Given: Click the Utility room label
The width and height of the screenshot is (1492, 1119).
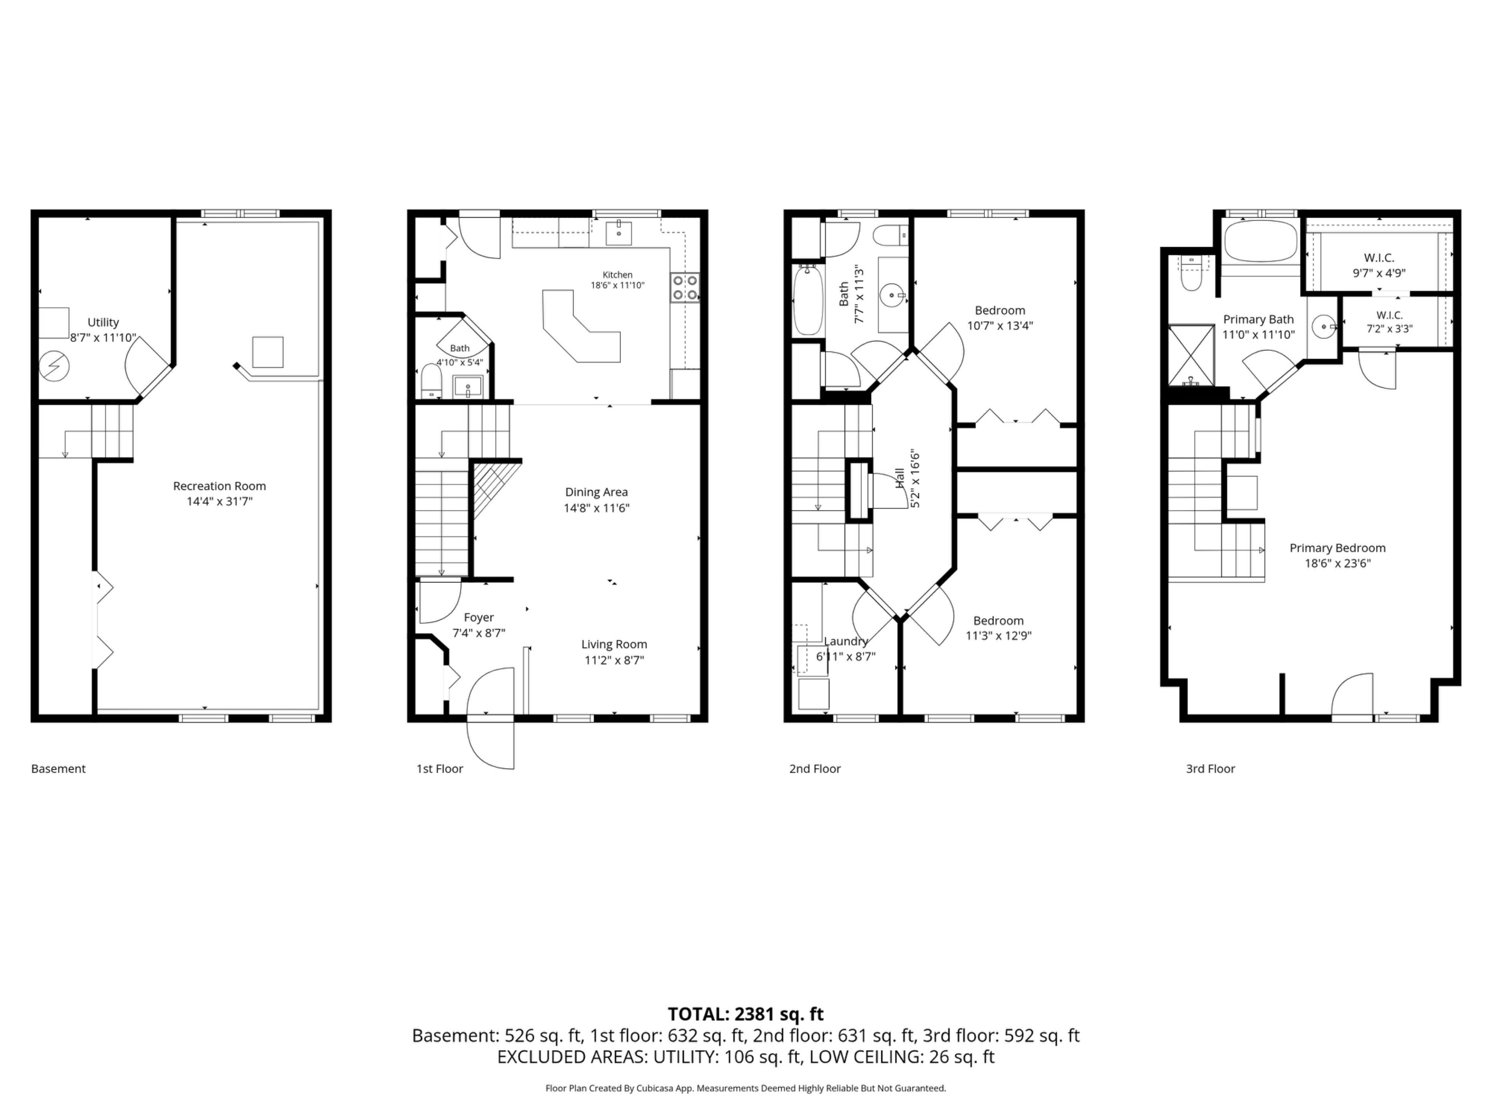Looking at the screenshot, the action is pos(103,322).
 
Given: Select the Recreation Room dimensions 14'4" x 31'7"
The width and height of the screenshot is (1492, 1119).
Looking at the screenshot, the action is pos(219,501).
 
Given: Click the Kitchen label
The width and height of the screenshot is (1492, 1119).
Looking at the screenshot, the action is pos(617,275).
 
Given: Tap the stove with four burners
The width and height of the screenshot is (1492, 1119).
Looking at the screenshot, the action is pos(685,288).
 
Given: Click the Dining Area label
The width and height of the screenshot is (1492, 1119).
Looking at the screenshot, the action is pos(596,492).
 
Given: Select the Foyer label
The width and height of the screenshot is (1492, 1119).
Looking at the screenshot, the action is pos(479,617).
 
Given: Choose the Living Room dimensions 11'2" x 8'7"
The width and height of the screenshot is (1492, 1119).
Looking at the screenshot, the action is pos(614,660).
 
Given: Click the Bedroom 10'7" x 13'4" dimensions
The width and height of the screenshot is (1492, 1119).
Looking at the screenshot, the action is pos(1000,326).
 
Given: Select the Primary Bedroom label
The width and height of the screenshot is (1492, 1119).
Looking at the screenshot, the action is pos(1337,548).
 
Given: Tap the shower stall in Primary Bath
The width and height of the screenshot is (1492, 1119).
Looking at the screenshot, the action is pos(1191,356).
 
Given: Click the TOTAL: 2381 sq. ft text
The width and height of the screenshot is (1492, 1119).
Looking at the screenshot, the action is pos(745,1014).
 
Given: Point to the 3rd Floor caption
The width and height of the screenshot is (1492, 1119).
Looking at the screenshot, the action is pos(1210,768).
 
